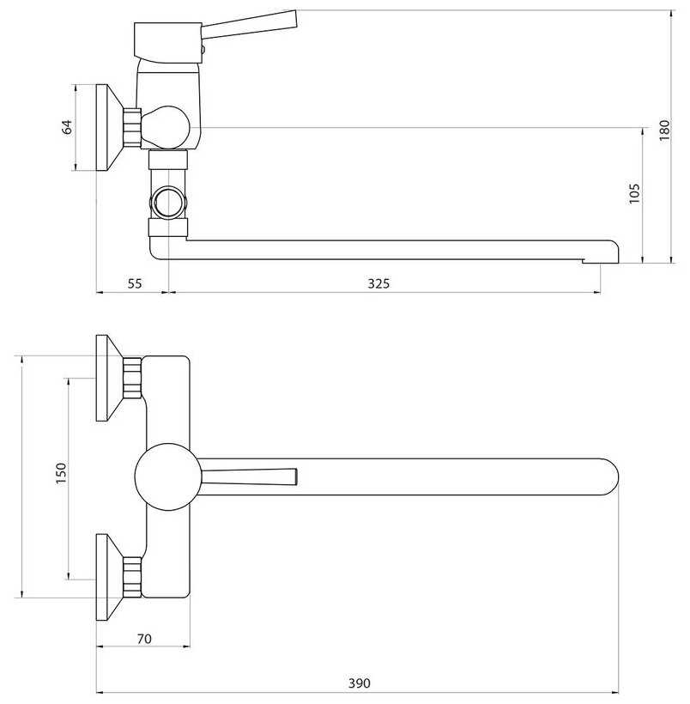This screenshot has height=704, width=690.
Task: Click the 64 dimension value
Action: point(67,127)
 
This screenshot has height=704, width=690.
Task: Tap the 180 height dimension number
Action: point(664,130)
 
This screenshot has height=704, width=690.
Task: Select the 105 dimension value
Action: point(634,193)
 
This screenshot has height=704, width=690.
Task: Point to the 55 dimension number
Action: point(135,283)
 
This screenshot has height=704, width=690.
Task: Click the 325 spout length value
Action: point(378,283)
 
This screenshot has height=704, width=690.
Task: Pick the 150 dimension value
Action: point(61,473)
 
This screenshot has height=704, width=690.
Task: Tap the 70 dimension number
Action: point(144,638)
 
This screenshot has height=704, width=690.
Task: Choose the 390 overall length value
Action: point(359,683)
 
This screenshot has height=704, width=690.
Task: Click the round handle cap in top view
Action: point(167,476)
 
